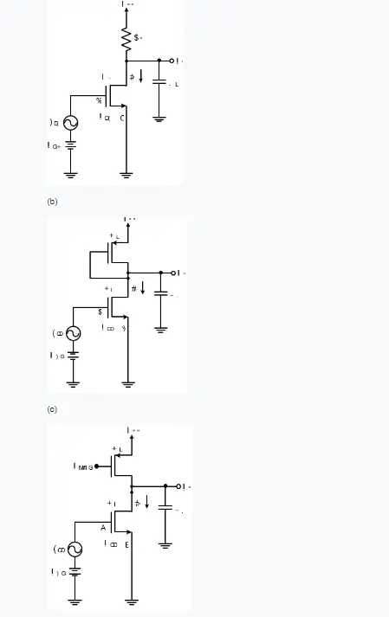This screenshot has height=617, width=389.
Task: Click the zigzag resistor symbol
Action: pos(127,39)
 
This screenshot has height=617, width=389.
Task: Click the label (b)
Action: pos(52,201)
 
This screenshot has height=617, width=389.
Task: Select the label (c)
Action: pos(52,408)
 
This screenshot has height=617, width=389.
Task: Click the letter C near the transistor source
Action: pos(123,118)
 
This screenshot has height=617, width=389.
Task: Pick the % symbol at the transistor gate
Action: pos(99,101)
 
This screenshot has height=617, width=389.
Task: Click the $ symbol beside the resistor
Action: pos(138,37)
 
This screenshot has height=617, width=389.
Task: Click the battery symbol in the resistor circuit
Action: pos(71,147)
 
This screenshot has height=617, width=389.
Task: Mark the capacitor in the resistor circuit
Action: pos(159,82)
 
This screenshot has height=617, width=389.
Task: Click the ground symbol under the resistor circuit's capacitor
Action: pos(159,119)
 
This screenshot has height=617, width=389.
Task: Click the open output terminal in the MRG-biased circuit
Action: pos(178,486)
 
